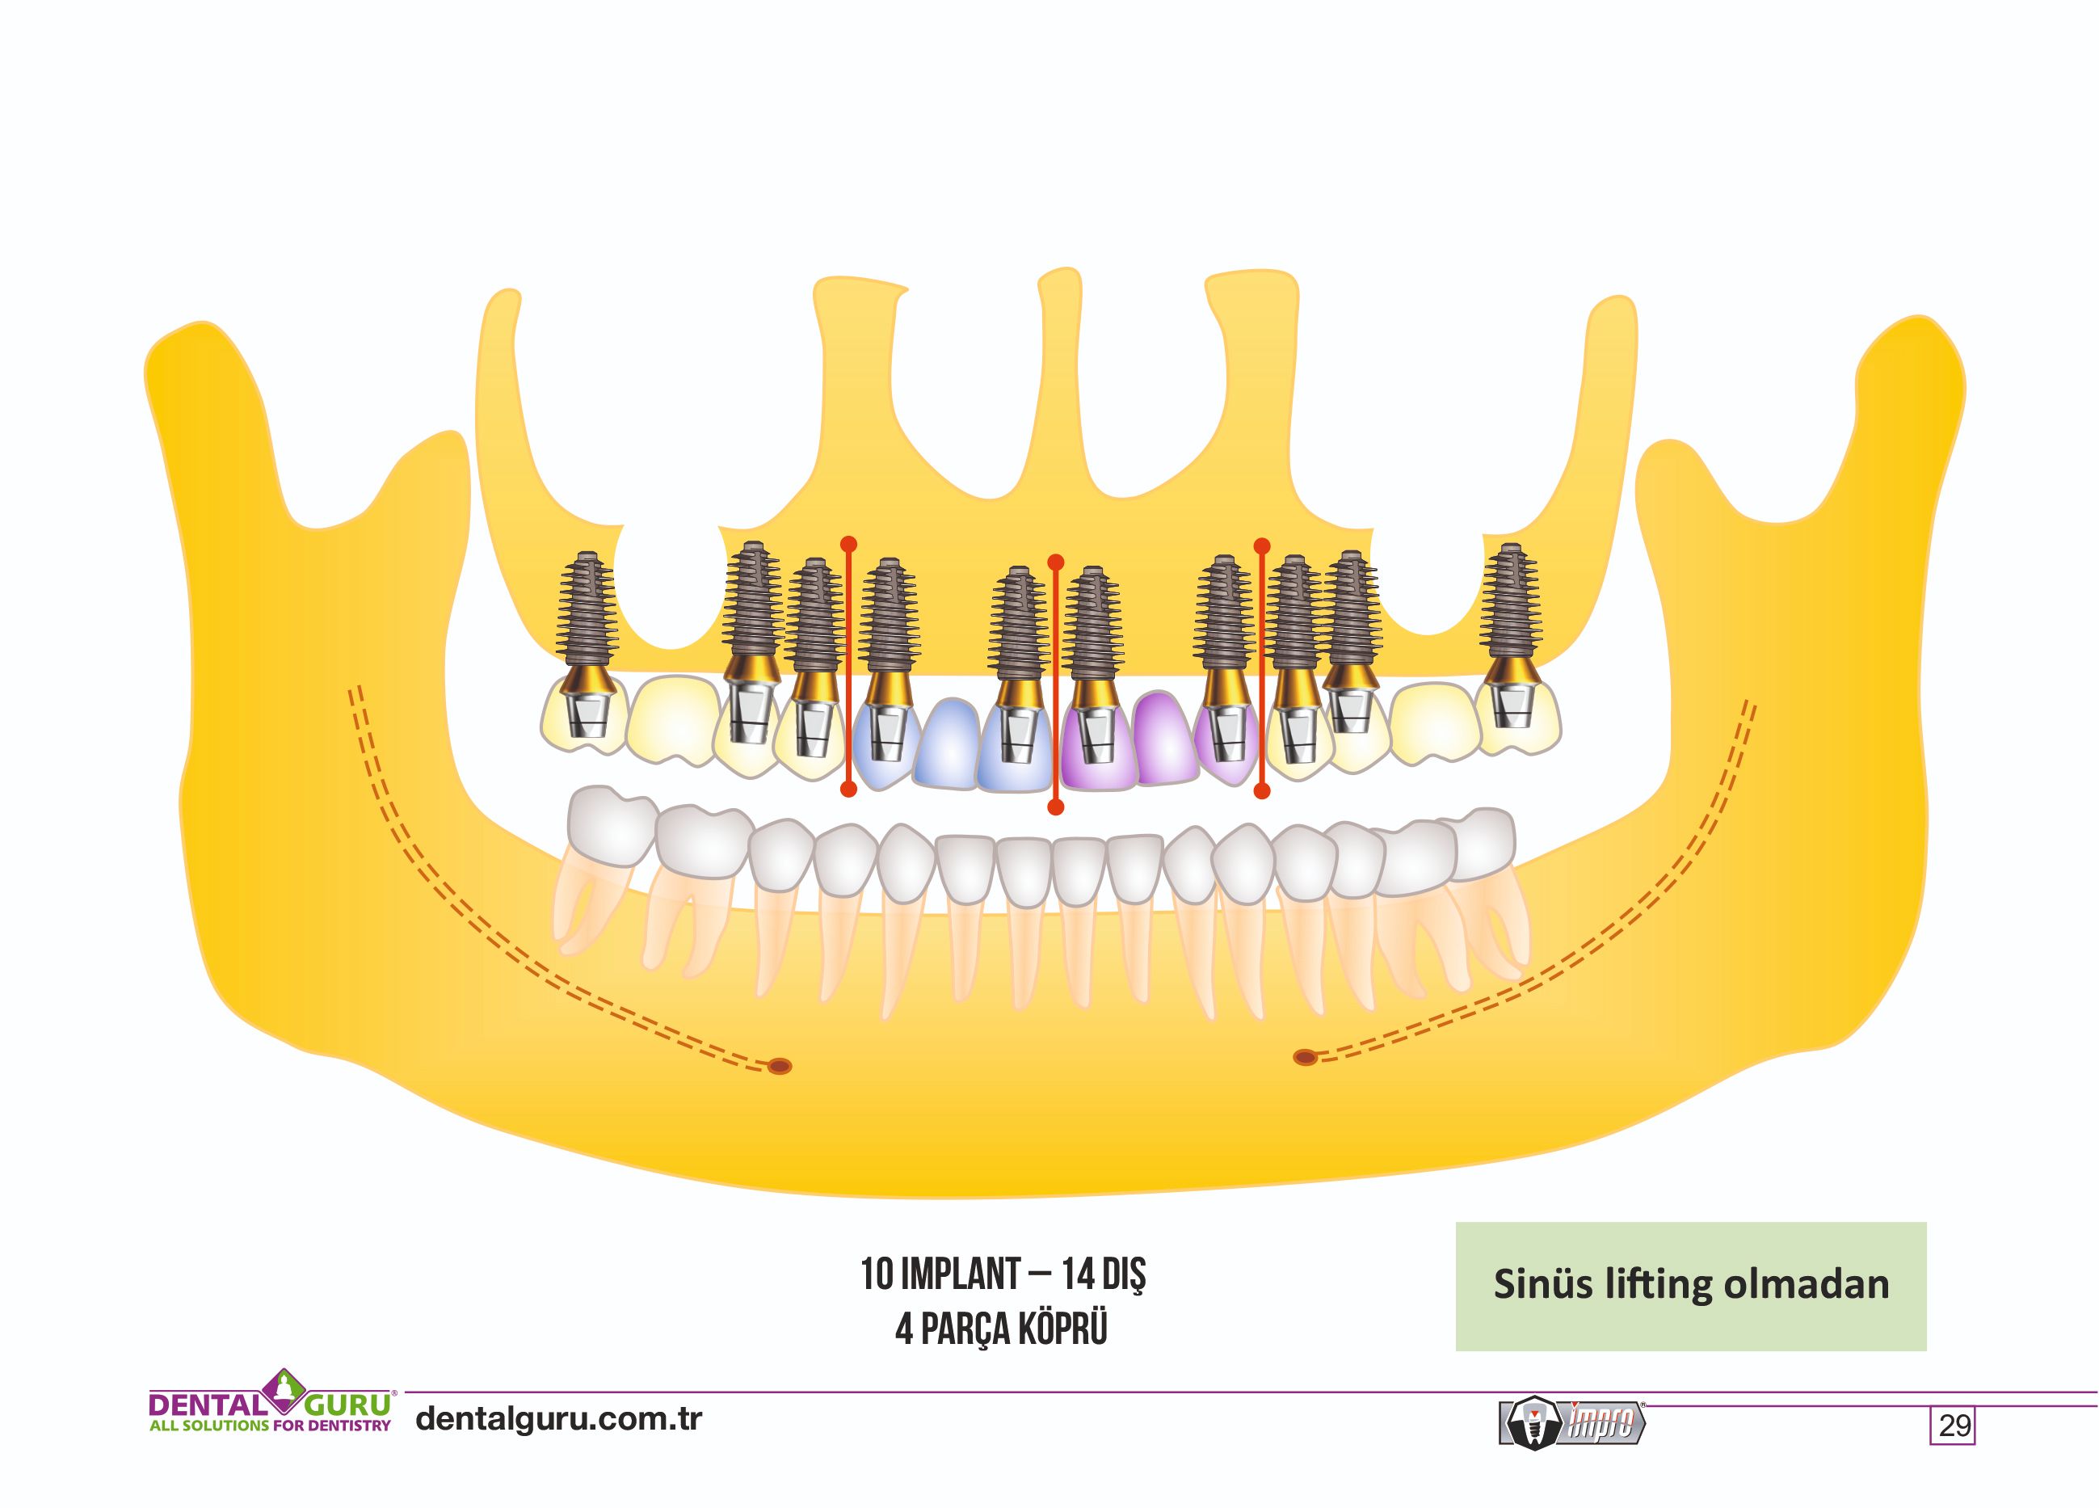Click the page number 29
1954,1425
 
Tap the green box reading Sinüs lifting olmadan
1691,1286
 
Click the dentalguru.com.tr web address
559,1418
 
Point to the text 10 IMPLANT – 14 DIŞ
1003,1274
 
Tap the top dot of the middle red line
1055,562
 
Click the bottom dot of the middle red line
1055,807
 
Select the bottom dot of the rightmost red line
1261,790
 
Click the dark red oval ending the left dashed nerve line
780,1067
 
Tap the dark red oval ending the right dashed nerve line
1305,1056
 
